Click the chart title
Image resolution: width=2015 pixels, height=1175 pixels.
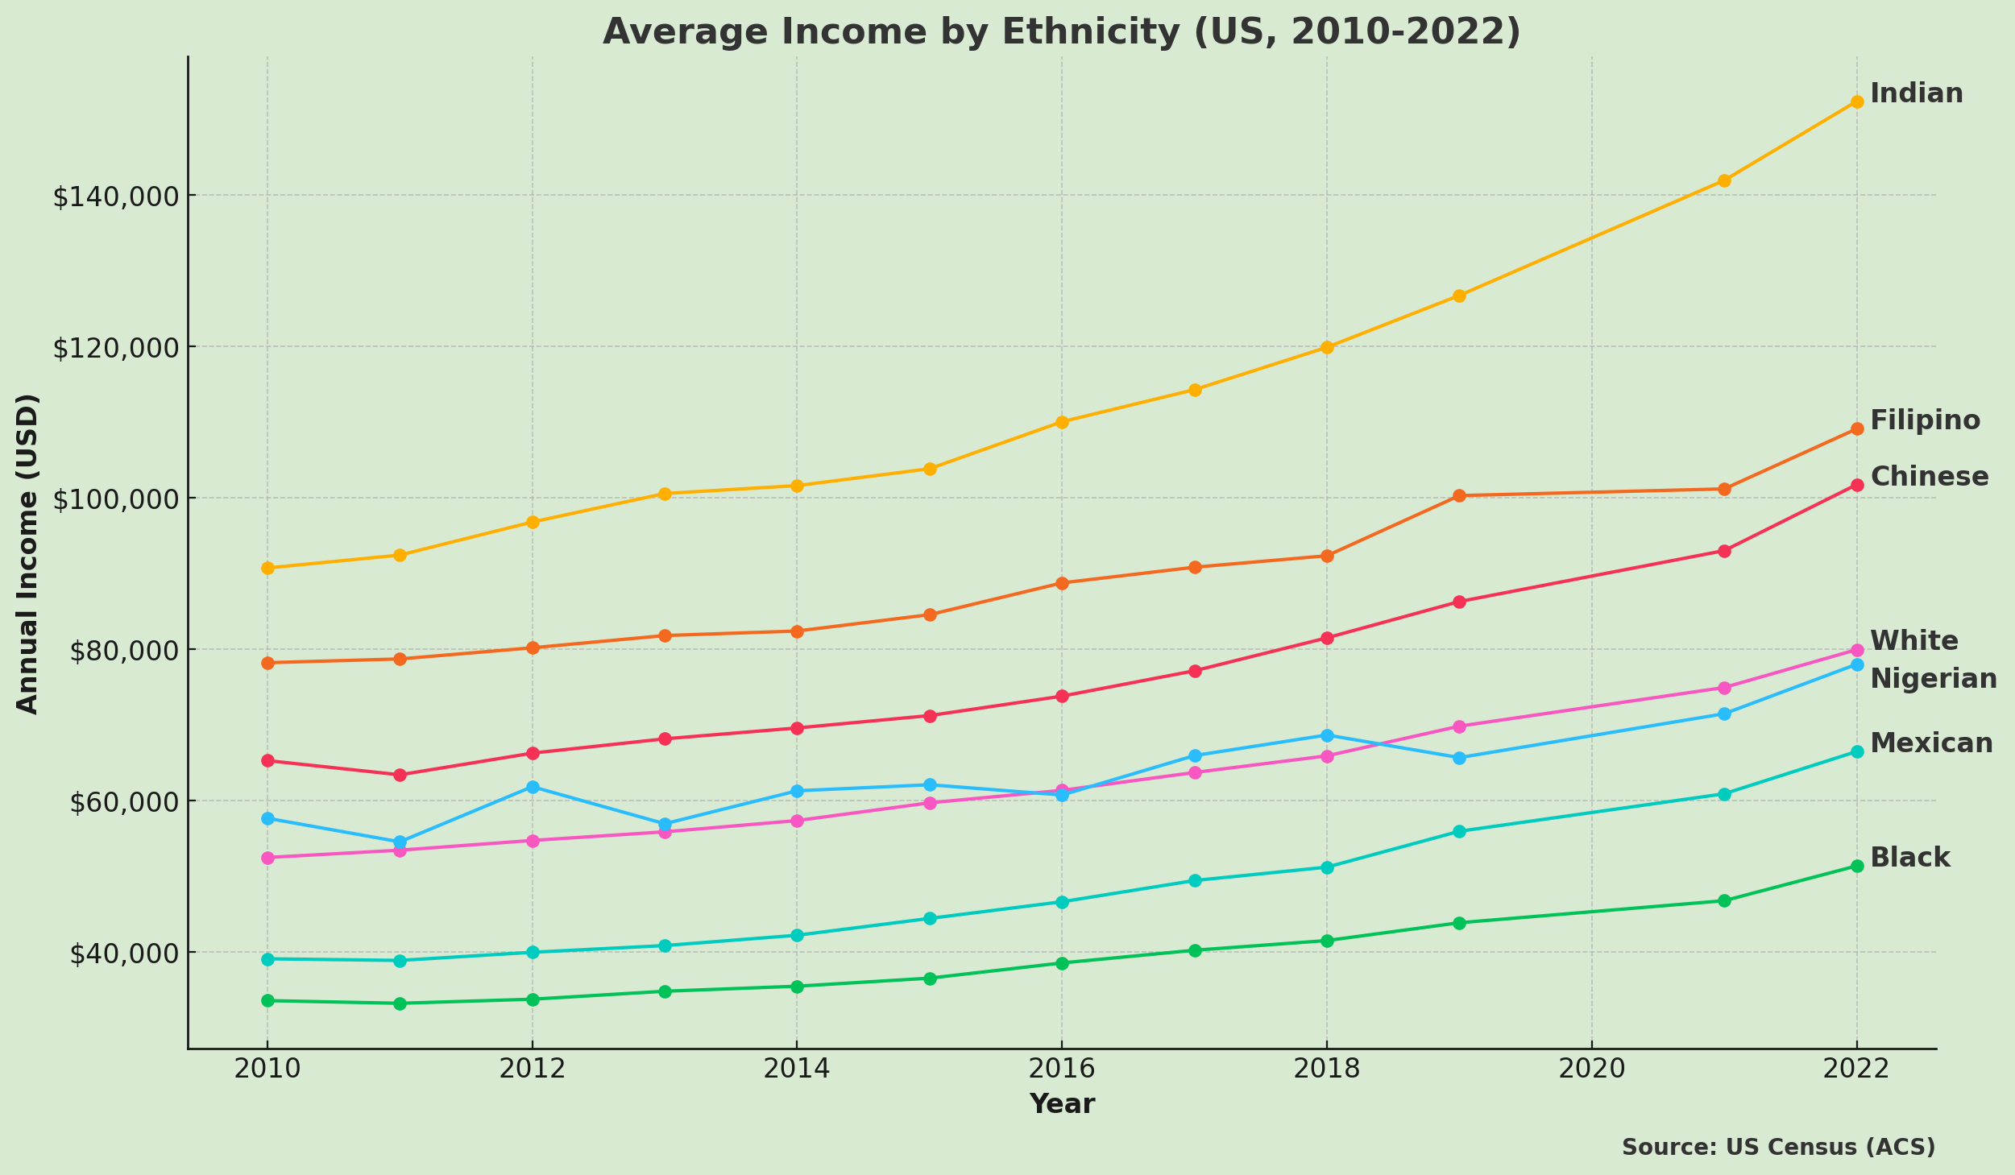[x=1061, y=32]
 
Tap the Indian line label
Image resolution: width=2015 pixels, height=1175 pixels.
[x=1916, y=93]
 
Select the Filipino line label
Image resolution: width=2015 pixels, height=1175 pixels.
[x=1924, y=420]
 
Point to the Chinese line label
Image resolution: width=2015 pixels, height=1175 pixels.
[x=1929, y=477]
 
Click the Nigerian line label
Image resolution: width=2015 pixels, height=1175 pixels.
[x=1933, y=679]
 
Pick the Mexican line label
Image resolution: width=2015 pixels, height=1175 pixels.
[x=1930, y=743]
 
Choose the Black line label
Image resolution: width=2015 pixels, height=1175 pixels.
[x=1909, y=858]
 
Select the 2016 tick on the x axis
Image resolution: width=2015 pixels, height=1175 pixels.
[x=1061, y=1069]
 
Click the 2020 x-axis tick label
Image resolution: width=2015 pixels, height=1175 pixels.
[x=1591, y=1069]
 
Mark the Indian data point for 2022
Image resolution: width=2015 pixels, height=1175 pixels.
[x=1856, y=101]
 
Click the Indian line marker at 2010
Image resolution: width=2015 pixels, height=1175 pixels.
[x=267, y=568]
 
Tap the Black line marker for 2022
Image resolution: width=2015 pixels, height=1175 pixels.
[x=1856, y=866]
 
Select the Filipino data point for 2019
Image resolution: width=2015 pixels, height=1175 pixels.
[x=1459, y=495]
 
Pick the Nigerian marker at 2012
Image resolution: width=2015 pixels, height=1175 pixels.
[x=533, y=787]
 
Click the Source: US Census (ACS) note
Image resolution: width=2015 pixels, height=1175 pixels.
[x=1778, y=1148]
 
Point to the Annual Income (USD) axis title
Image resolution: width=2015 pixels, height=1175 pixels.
[x=27, y=553]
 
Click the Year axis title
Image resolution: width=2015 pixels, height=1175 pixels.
[x=1061, y=1104]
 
